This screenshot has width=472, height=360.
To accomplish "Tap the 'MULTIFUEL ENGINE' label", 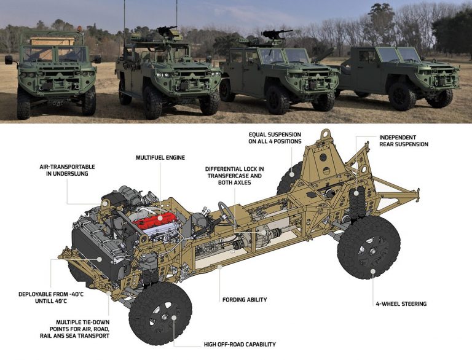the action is tap(160, 158).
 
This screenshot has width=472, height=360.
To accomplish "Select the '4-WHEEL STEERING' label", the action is tap(401, 304).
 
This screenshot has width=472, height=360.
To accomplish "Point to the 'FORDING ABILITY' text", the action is tap(245, 300).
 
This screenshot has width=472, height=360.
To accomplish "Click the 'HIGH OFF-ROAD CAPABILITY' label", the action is tap(240, 345).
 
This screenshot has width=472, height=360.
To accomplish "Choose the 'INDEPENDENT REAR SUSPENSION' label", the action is tap(404, 141).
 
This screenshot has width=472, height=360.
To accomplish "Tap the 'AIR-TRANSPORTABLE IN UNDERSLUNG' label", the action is tap(67, 170).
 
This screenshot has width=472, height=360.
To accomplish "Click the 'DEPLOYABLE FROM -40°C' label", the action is tap(51, 294).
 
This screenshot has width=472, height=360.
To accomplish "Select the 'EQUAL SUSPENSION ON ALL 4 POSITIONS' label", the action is tap(275, 138).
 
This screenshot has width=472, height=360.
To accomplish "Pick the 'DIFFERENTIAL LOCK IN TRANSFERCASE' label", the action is tap(235, 173).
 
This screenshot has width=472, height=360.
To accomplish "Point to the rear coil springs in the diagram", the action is tap(358, 202).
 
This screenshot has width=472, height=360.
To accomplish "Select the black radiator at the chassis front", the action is tap(96, 253).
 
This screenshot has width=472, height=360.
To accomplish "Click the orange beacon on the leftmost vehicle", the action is tap(79, 29).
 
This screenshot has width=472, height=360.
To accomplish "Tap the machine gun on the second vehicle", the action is tap(167, 30).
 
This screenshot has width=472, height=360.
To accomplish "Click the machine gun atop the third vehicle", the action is tap(275, 33).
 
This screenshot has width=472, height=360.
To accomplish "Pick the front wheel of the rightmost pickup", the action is tap(402, 96).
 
